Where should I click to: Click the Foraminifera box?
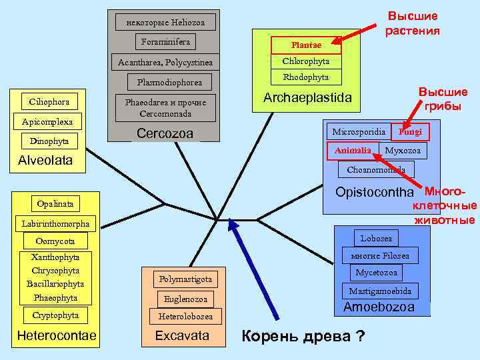pyautogui.click(x=166, y=42)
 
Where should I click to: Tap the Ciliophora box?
pyautogui.click(x=49, y=102)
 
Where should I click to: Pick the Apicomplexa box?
pyautogui.click(x=47, y=122)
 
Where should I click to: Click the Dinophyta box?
pyautogui.click(x=49, y=141)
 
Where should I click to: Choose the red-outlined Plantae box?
pyautogui.click(x=306, y=45)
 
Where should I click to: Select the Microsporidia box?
pyautogui.click(x=358, y=131)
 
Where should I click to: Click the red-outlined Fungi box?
pyautogui.click(x=410, y=131)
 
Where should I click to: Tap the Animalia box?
pyautogui.click(x=353, y=151)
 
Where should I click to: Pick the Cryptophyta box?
pyautogui.click(x=55, y=315)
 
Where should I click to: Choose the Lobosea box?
pyautogui.click(x=376, y=238)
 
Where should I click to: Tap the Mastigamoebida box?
pyautogui.click(x=380, y=291)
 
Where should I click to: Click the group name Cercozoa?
pyautogui.click(x=165, y=133)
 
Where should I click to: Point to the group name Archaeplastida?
pyautogui.click(x=307, y=97)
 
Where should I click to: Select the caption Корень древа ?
pyautogui.click(x=303, y=335)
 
